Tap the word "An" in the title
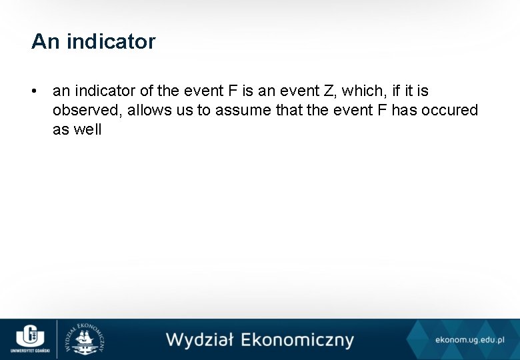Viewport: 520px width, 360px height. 45,41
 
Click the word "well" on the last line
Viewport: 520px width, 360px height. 87,129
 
